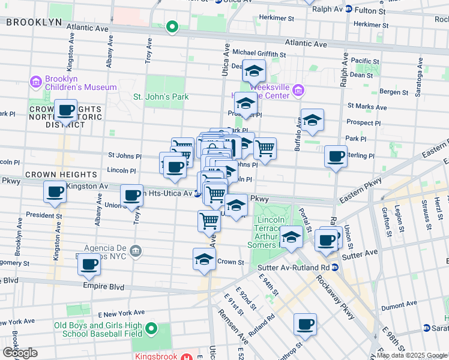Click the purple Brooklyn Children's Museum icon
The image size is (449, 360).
[x=35, y=82]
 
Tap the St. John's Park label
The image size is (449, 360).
[x=161, y=97]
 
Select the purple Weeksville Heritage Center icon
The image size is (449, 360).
[x=299, y=92]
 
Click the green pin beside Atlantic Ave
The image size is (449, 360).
[x=172, y=26]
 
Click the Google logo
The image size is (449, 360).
[x=20, y=353]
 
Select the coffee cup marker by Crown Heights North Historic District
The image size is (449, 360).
[x=66, y=110]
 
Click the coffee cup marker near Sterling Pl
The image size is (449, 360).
[x=336, y=156]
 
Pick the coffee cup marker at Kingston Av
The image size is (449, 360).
[x=55, y=193]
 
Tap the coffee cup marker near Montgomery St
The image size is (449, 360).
[x=89, y=263]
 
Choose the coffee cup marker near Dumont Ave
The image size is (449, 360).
[x=305, y=324]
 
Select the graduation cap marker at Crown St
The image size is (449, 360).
[x=204, y=259]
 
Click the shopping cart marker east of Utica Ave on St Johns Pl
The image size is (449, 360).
[x=265, y=147]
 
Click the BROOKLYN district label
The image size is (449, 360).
[x=34, y=22]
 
